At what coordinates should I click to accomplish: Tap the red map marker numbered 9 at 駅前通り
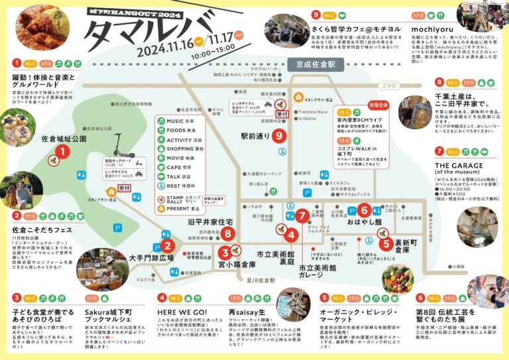279,137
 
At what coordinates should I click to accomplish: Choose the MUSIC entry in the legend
174,121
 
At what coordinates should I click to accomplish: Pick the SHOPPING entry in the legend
176,149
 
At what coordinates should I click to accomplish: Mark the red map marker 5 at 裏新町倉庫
386,243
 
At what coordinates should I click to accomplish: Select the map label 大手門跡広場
151,257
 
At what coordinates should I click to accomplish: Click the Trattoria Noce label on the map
312,112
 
